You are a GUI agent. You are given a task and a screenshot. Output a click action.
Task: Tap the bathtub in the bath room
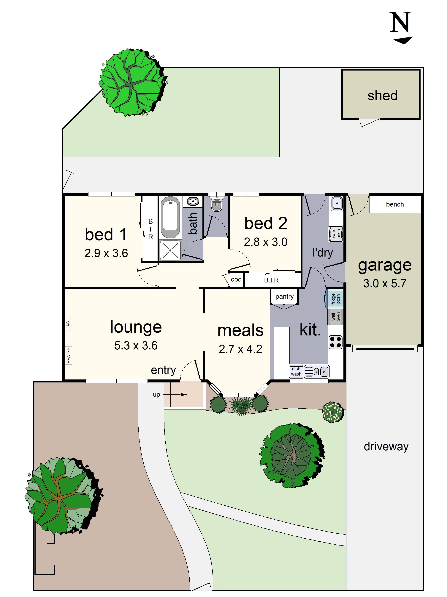170,217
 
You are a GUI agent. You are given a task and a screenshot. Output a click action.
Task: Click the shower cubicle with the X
170,250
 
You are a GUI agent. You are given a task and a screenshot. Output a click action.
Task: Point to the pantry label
284,297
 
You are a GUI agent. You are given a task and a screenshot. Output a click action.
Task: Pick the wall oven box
336,317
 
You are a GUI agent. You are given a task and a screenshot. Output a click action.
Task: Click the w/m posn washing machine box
336,234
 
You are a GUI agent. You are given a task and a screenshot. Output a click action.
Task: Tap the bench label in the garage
395,204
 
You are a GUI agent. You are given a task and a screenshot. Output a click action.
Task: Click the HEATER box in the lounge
68,355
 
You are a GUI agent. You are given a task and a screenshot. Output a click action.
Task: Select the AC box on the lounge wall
68,324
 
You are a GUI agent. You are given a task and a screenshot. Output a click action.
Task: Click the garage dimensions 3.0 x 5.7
384,283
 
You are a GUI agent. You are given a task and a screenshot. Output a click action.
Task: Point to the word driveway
386,446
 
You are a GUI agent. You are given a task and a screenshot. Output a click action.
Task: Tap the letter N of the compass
400,22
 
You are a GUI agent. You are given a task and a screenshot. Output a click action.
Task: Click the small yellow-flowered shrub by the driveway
333,412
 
